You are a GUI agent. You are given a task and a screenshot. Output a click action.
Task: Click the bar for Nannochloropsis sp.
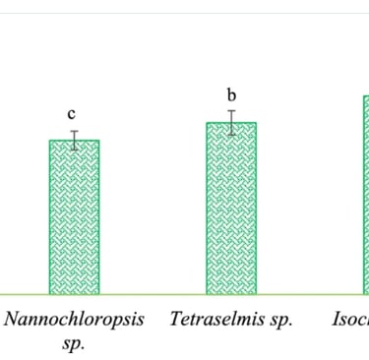(x=74, y=216)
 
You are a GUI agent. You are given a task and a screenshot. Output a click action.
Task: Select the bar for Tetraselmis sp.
(x=231, y=208)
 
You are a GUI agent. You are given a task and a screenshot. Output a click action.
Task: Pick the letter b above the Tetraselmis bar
(x=231, y=95)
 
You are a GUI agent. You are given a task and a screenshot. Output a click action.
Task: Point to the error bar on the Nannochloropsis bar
(x=73, y=140)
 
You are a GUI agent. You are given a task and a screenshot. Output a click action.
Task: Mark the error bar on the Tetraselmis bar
(x=231, y=123)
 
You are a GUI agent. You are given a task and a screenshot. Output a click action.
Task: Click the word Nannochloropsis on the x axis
(x=75, y=321)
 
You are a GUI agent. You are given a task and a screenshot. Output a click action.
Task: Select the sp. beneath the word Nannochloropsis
(x=75, y=343)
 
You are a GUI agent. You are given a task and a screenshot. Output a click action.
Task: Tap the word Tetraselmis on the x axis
(x=218, y=320)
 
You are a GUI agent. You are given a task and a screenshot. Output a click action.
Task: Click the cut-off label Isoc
(x=349, y=320)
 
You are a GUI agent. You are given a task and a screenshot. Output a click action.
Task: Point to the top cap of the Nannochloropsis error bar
(x=73, y=131)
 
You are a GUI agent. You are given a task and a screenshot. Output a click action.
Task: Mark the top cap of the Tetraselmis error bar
(x=231, y=111)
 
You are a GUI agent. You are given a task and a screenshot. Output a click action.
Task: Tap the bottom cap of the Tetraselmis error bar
(x=231, y=135)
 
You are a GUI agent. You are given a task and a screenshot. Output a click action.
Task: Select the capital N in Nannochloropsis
(x=14, y=320)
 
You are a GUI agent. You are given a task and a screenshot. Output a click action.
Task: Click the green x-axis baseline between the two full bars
(x=153, y=294)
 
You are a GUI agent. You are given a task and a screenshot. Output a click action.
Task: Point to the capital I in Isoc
(x=336, y=320)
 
